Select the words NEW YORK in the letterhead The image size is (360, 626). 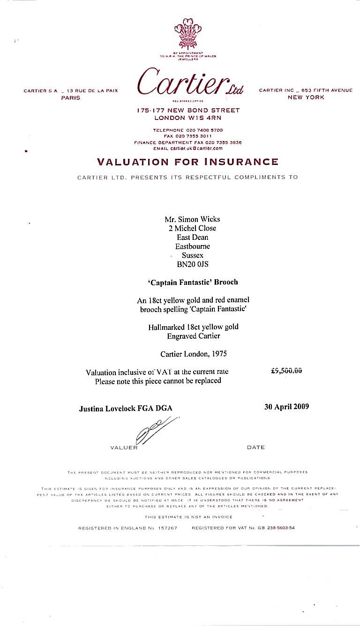306,97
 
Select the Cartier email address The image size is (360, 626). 197,148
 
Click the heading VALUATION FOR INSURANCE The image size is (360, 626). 187,162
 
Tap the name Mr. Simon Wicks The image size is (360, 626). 192,219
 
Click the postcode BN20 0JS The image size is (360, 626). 192,264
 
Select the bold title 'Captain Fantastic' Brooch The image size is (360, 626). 192,282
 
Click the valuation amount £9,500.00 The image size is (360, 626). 286,370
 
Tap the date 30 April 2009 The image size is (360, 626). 286,407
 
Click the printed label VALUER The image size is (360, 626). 124,447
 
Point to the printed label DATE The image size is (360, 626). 255,447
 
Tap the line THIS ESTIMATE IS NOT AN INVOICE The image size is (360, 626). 188,517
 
